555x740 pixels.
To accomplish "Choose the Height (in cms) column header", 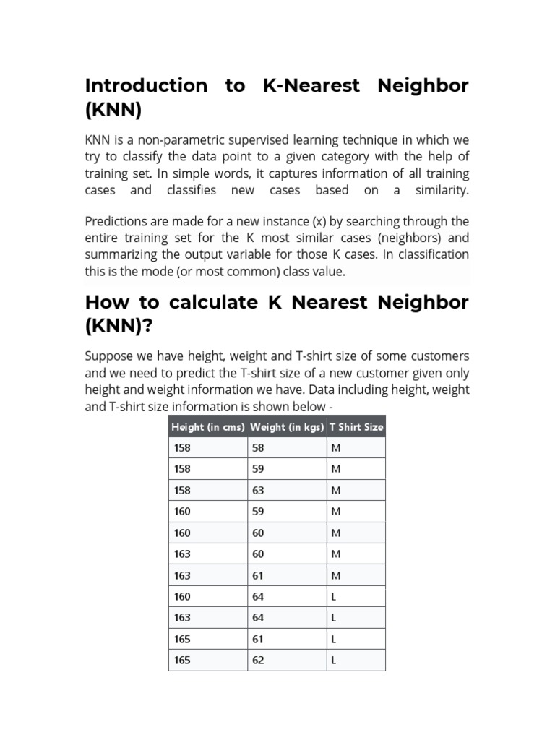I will (x=208, y=427).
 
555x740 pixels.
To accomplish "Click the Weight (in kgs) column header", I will (x=287, y=427).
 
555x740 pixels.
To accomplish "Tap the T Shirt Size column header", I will (x=356, y=427).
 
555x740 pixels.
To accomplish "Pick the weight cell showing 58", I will (x=259, y=448).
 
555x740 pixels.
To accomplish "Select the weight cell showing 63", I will (x=259, y=491).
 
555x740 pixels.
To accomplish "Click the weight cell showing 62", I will (x=259, y=661).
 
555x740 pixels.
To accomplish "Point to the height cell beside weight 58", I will (x=182, y=448).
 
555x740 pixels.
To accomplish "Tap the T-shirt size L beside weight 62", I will (x=334, y=661).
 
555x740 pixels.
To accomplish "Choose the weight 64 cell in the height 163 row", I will (x=259, y=618).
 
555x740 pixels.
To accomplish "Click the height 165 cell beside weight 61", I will (x=182, y=640).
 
